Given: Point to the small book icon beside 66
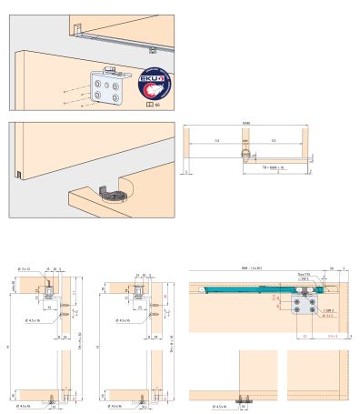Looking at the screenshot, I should (x=150, y=106).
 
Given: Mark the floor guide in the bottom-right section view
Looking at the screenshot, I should (x=243, y=399).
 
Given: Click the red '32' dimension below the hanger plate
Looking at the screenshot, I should (x=304, y=336).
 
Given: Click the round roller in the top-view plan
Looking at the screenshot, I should (x=245, y=156).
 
